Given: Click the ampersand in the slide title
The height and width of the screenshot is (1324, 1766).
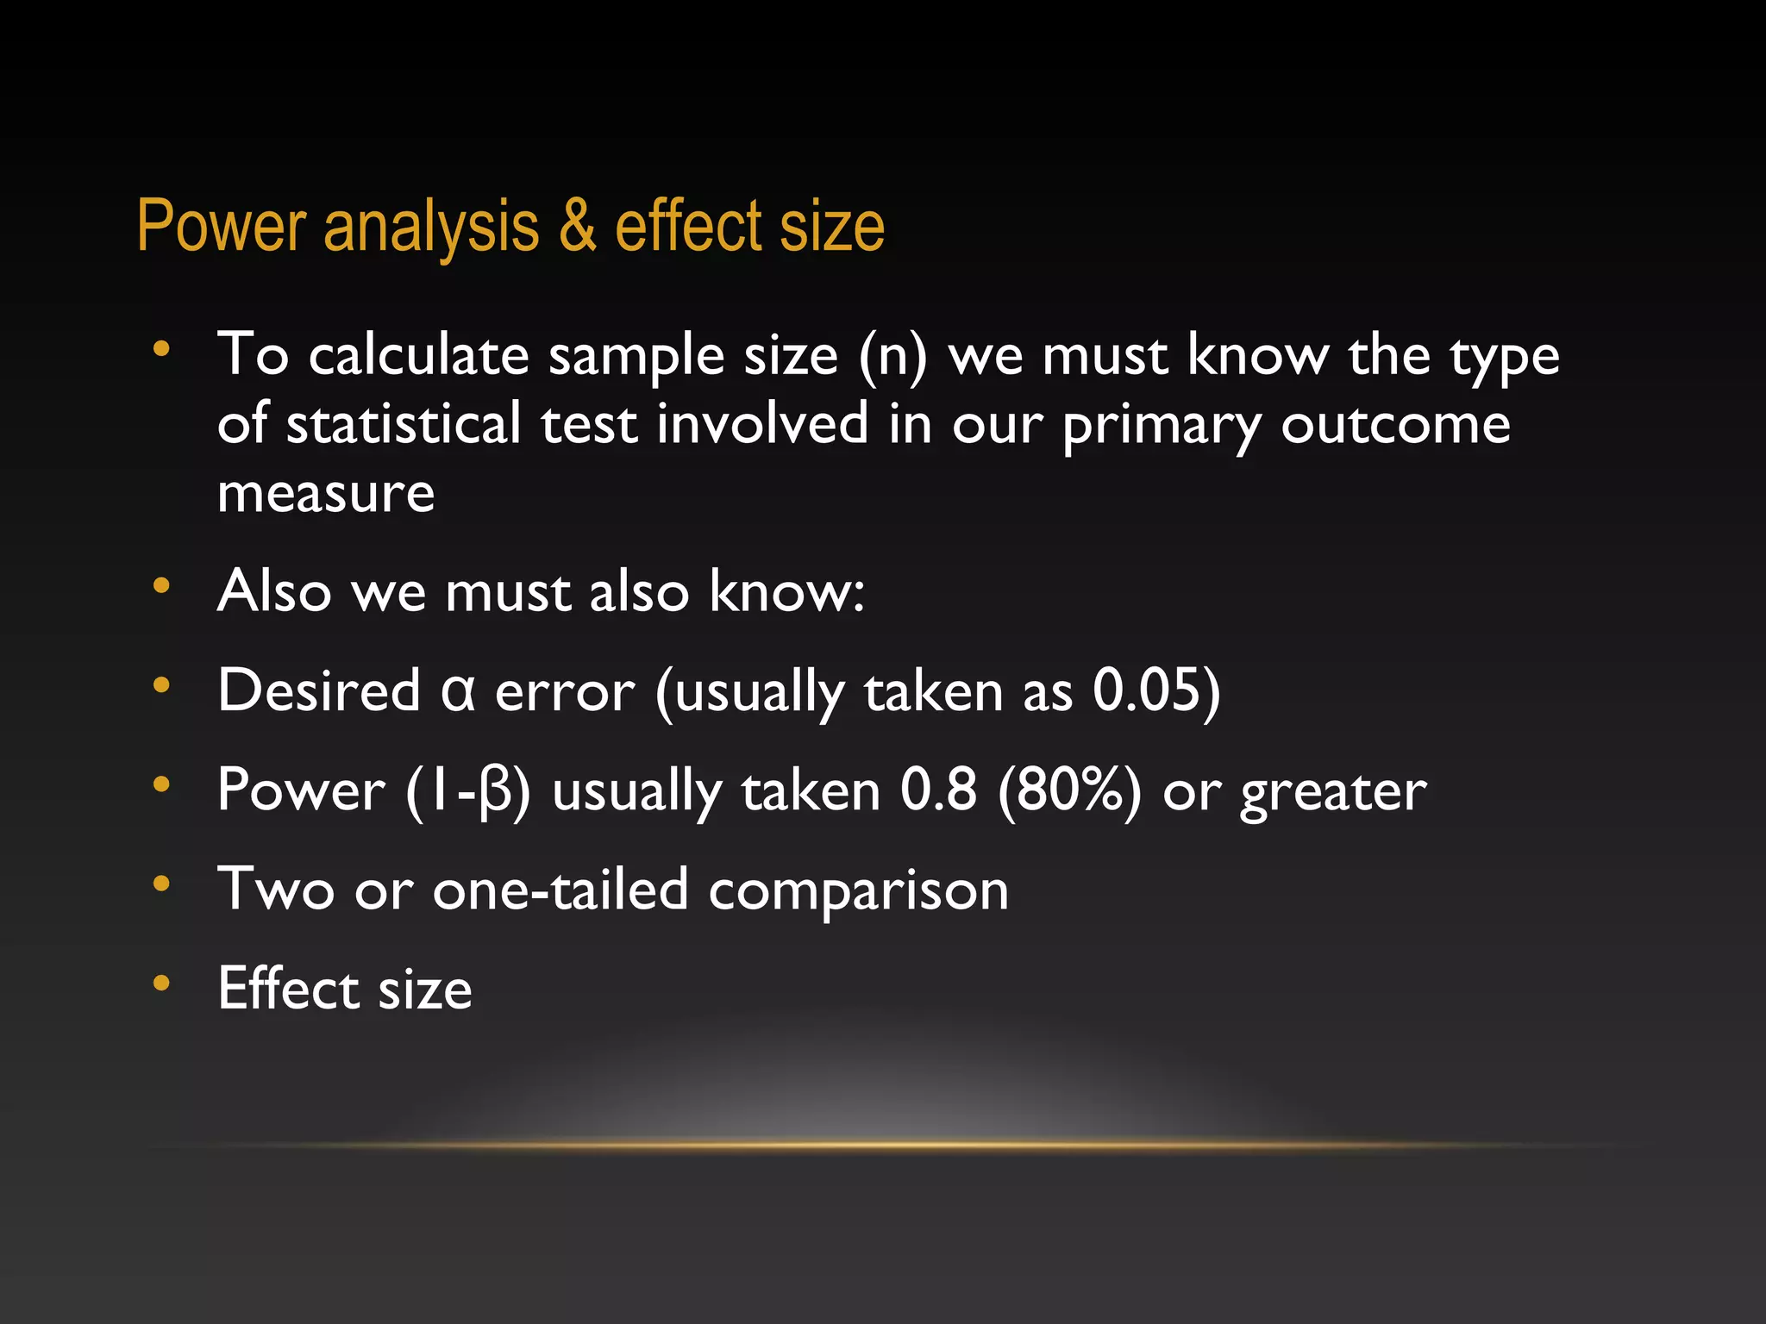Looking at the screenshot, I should click(x=577, y=227).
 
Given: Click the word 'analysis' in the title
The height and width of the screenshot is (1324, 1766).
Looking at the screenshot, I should click(x=431, y=228).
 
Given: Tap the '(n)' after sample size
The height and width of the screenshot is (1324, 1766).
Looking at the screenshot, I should click(x=892, y=356).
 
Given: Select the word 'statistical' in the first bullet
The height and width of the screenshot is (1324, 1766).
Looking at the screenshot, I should click(x=403, y=424).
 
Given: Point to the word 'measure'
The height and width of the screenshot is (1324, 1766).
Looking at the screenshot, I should click(x=326, y=494).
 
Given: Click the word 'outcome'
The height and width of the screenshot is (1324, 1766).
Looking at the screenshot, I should click(x=1395, y=424).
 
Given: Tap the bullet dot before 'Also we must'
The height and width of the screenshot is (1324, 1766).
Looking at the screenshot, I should click(x=161, y=586).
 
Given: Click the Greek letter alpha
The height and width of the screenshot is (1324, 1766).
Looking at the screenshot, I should click(x=457, y=691).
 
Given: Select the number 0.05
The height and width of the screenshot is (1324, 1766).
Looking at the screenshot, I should click(x=1146, y=690).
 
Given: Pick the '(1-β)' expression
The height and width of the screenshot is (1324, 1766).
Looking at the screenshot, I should click(x=468, y=791).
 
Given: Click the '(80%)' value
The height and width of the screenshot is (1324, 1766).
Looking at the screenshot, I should click(x=1069, y=790).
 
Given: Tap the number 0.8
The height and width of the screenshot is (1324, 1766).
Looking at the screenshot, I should click(x=938, y=790).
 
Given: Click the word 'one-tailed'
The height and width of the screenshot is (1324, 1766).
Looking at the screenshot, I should click(x=560, y=890).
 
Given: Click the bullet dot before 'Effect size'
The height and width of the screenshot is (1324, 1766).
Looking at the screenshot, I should click(x=161, y=983).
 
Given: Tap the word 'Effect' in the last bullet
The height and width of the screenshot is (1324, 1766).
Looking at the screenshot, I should click(x=288, y=988).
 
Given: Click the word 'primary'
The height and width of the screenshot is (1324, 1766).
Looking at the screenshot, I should click(x=1162, y=426).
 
